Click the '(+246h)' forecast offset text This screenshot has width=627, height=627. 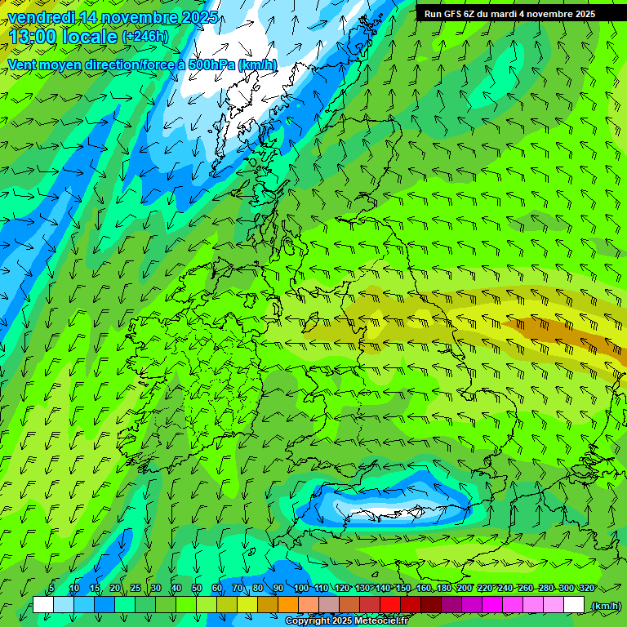tap(145, 37)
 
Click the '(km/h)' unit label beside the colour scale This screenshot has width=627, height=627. tap(605, 606)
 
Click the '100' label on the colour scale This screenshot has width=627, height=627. tap(301, 589)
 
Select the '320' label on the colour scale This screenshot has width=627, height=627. tap(586, 589)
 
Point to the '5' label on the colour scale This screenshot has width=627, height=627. tap(51, 589)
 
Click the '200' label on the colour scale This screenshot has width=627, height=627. tap(465, 589)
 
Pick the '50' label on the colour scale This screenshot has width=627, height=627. tap(197, 589)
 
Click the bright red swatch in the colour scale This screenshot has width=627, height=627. tap(390, 605)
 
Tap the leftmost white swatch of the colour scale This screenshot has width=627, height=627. tap(43, 605)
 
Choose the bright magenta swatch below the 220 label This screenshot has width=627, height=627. tap(492, 605)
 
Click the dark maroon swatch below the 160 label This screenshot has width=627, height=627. tap(431, 605)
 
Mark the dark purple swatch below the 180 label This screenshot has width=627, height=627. tap(451, 605)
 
